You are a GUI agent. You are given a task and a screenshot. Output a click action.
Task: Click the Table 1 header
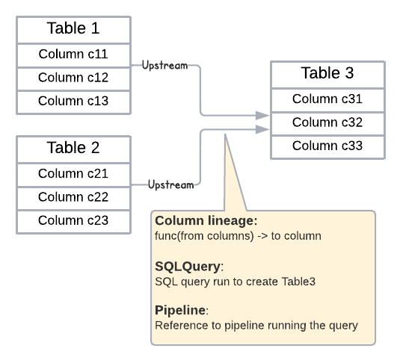pyautogui.click(x=73, y=30)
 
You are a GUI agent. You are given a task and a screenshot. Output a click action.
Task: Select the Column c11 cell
pyautogui.click(x=73, y=55)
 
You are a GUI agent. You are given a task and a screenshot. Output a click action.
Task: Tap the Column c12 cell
pyautogui.click(x=73, y=78)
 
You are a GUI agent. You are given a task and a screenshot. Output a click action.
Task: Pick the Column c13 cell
pyautogui.click(x=73, y=101)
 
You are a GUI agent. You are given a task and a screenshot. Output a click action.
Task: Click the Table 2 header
pyautogui.click(x=73, y=147)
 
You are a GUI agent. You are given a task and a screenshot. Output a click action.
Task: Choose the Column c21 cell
pyautogui.click(x=73, y=174)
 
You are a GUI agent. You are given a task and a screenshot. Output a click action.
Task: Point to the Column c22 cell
pyautogui.click(x=73, y=197)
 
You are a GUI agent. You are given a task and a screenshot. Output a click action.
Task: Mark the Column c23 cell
pyautogui.click(x=73, y=220)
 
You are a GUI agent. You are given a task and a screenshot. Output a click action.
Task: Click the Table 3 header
pyautogui.click(x=327, y=74)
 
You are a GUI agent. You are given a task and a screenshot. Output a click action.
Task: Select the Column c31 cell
pyautogui.click(x=327, y=99)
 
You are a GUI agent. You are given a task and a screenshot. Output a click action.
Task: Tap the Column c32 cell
pyautogui.click(x=327, y=122)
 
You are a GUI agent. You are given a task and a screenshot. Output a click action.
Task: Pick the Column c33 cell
pyautogui.click(x=327, y=146)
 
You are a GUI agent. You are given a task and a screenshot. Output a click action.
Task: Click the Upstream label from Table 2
pyautogui.click(x=170, y=184)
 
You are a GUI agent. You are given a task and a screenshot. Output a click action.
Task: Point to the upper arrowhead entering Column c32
pyautogui.click(x=262, y=116)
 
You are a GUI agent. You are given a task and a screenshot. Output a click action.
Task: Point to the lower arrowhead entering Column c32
pyautogui.click(x=262, y=129)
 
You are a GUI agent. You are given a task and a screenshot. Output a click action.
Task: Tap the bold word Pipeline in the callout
pyautogui.click(x=180, y=310)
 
